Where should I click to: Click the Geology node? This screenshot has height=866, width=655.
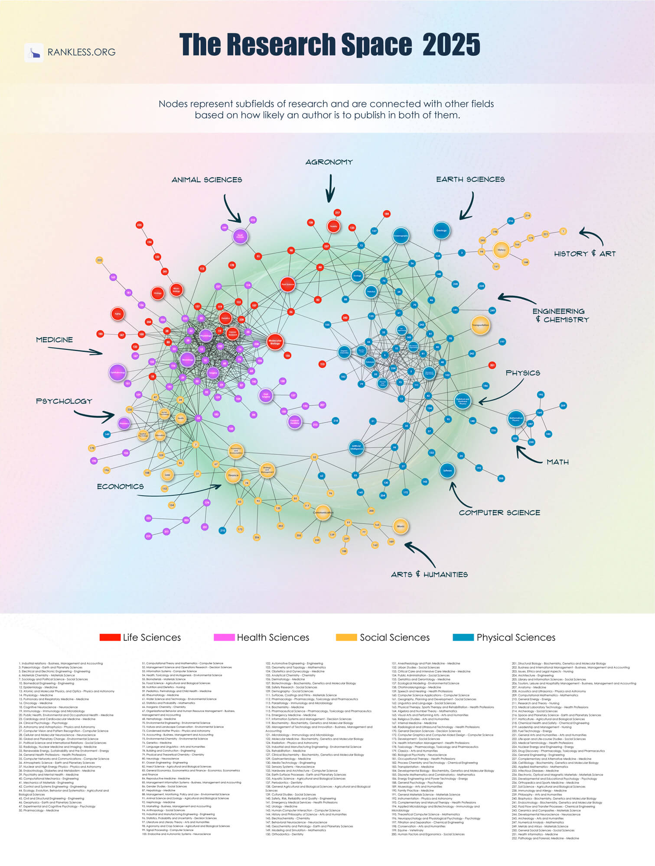(x=441, y=230)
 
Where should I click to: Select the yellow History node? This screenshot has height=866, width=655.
(x=502, y=250)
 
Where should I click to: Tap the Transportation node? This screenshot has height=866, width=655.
(x=480, y=325)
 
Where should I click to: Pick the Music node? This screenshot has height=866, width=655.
(x=401, y=527)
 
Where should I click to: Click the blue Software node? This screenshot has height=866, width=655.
(x=447, y=470)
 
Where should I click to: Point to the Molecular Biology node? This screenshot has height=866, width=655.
(x=275, y=342)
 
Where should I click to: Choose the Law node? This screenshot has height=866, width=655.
(x=167, y=475)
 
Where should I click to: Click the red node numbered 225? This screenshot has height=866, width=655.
(x=139, y=225)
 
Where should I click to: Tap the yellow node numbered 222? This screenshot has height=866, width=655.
(x=99, y=260)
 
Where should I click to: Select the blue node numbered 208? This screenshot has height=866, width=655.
(x=501, y=478)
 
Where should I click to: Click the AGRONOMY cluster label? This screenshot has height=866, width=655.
(x=329, y=162)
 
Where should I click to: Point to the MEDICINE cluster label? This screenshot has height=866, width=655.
(x=54, y=340)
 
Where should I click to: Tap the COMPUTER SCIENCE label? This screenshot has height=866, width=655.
(x=499, y=513)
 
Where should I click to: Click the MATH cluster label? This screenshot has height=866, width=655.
(x=557, y=462)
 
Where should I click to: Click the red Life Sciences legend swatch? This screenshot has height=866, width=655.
(x=110, y=637)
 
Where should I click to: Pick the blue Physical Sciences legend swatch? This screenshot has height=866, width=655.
(x=463, y=637)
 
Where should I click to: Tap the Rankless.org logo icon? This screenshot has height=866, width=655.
(x=34, y=52)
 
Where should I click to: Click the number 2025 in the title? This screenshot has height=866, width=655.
(x=451, y=44)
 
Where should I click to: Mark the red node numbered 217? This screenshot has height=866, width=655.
(x=337, y=213)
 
